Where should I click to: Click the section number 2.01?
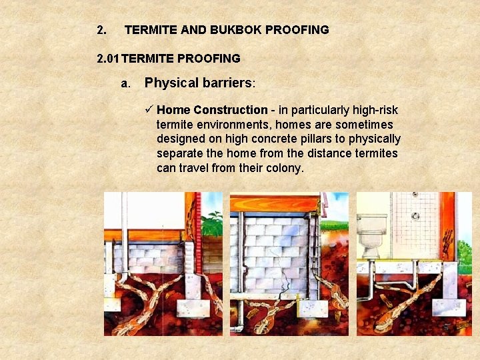pos(109,59)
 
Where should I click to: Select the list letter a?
pos(125,84)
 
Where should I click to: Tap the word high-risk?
pos(375,110)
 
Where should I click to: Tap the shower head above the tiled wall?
pos(416,216)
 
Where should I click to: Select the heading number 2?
pos(101,30)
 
